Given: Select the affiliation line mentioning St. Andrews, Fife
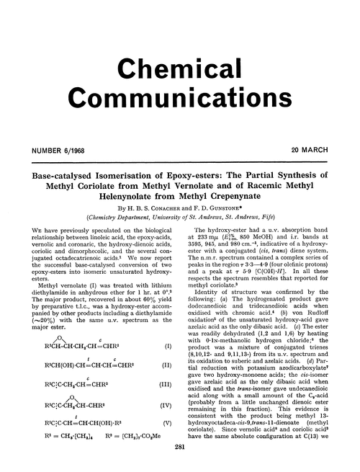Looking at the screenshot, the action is click(x=179, y=215).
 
